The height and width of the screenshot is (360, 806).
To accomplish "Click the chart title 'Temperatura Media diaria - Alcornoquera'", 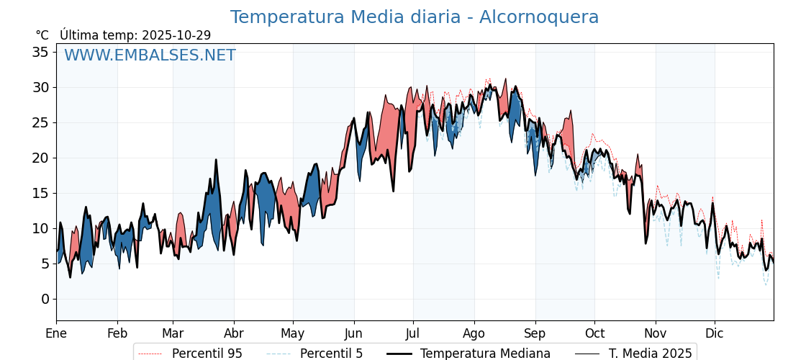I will point(414,17).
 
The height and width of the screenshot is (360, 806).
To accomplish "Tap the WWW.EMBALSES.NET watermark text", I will point(150,55).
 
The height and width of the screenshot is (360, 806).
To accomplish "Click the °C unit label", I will point(42,35).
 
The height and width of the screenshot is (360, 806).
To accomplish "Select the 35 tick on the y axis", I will point(40,52).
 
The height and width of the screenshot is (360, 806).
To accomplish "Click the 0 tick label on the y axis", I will point(45,299).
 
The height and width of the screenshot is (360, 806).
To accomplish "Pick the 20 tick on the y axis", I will point(40,158).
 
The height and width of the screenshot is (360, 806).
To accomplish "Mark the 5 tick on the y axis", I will point(45,264).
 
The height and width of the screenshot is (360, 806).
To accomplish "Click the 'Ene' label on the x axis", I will point(56,333).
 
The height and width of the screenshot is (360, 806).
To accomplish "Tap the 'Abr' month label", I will point(234,333).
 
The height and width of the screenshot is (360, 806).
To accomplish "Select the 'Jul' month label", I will point(413,333).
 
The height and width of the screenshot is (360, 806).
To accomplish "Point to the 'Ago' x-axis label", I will point(474,333).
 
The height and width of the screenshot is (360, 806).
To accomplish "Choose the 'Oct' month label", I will point(594,333).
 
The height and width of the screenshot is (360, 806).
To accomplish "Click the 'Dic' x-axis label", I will point(715,333).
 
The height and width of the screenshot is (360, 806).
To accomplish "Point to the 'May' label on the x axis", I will point(293,333).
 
